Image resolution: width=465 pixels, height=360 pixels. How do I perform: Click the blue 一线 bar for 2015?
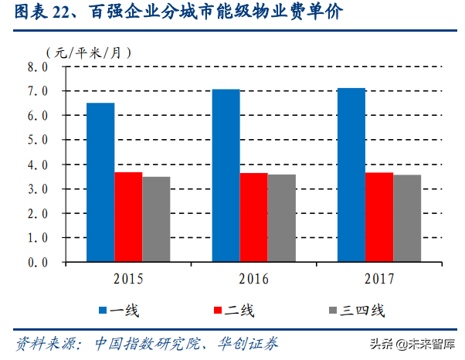coord(100,182)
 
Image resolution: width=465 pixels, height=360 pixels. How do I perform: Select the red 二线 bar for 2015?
coord(128,217)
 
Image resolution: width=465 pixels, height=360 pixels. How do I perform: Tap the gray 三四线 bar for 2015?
coord(156,219)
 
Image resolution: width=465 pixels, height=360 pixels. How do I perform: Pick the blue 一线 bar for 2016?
coord(226,175)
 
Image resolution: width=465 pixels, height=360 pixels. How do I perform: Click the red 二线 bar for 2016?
coord(253,217)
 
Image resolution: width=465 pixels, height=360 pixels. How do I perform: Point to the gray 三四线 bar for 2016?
coord(281,218)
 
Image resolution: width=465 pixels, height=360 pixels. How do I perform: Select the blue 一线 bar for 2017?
coord(351,175)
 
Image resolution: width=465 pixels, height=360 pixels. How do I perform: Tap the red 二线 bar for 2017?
coord(379,217)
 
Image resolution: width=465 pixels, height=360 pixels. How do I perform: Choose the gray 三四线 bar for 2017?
coord(407,218)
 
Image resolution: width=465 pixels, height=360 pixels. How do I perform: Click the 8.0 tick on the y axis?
coord(38,67)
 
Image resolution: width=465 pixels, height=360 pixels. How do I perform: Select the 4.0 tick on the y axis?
coord(38,165)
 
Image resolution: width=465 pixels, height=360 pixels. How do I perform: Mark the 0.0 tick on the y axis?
coord(38,263)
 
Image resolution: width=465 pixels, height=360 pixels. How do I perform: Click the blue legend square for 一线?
coord(102,311)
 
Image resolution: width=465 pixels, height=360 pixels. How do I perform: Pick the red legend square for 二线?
coord(219,311)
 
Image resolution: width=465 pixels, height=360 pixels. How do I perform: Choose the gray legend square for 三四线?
coord(333,311)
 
